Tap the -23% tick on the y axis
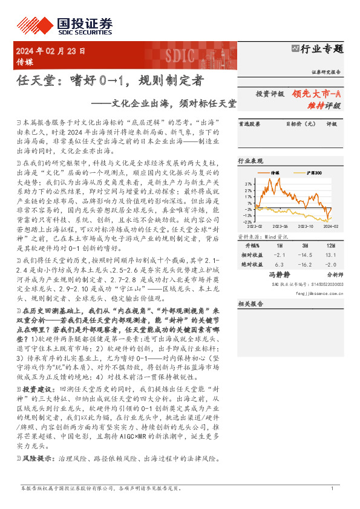point(247,222)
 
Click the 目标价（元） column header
point(298,124)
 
